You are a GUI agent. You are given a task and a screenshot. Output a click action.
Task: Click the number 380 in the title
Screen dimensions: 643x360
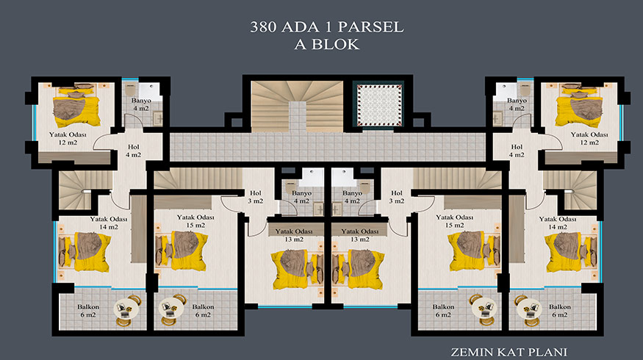262,27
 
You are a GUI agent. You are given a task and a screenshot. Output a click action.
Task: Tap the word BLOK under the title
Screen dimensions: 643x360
335,44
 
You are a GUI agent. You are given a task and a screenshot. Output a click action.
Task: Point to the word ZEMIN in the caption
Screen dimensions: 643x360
472,352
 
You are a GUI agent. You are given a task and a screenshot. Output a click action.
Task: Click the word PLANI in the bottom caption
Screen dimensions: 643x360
548,352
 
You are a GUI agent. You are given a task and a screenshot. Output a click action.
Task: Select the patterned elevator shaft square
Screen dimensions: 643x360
378,104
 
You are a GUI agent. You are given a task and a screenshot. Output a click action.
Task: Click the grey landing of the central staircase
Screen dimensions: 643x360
298,116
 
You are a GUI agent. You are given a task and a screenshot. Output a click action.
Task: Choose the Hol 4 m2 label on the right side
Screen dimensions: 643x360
517,151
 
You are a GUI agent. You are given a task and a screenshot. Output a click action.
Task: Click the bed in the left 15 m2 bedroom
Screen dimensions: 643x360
182,251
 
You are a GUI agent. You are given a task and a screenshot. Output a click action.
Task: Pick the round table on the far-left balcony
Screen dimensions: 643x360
124,309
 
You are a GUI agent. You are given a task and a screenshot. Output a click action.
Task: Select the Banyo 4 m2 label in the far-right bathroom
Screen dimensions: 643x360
517,104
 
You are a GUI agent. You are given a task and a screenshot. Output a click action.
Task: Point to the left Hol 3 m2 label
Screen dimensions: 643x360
256,197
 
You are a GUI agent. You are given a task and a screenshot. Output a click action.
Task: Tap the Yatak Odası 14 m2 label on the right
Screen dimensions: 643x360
558,223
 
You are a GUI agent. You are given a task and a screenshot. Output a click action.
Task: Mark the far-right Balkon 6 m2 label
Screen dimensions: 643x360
560,311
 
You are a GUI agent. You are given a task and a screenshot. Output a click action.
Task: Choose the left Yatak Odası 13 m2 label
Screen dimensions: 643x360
294,235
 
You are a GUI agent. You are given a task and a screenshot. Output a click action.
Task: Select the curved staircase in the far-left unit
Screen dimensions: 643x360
75,190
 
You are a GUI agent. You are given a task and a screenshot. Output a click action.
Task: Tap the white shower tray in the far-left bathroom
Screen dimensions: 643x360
149,92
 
